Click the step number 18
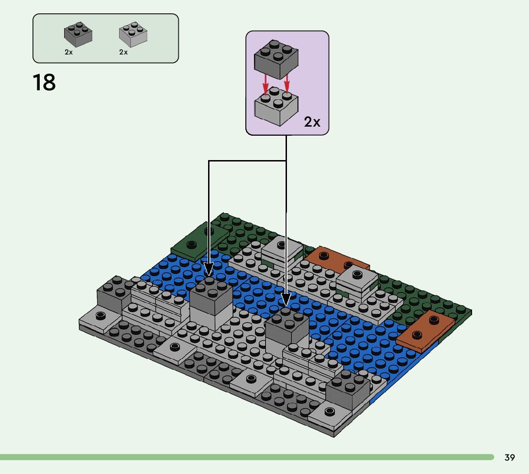44,82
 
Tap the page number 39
509,458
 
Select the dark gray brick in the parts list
78,34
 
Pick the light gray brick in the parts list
132,34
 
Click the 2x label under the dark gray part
69,52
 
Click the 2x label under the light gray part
123,52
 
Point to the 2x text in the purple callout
312,122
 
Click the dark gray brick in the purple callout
276,60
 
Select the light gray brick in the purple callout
276,106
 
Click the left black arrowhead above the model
209,269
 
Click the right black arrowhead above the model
286,300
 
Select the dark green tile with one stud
199,240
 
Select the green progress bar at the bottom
246,457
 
